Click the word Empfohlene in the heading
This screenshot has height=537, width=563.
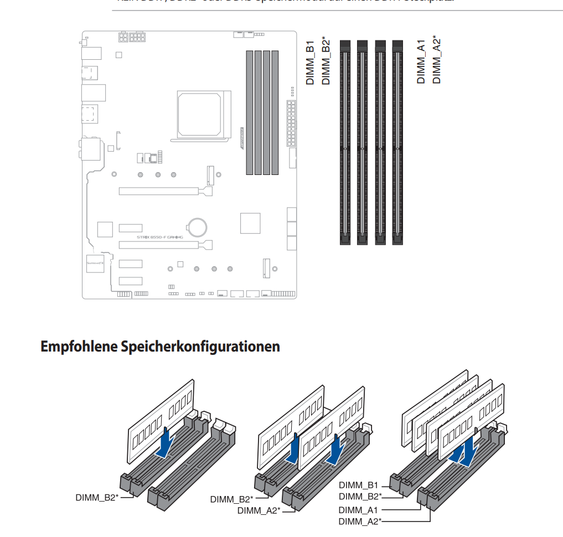[75, 347]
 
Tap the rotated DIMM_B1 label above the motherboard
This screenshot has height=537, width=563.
[310, 62]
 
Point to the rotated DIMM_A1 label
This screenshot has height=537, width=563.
[421, 62]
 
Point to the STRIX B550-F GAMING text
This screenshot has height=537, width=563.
[160, 237]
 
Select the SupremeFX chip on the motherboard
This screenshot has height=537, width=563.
[95, 264]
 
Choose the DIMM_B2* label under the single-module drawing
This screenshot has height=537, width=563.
[97, 497]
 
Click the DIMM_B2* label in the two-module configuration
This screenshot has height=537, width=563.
[232, 499]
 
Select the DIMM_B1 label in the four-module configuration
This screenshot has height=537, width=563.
[358, 484]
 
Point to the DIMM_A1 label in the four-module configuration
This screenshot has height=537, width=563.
[358, 510]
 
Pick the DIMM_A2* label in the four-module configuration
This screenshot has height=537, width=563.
[360, 521]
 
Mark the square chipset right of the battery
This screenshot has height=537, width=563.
[250, 223]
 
